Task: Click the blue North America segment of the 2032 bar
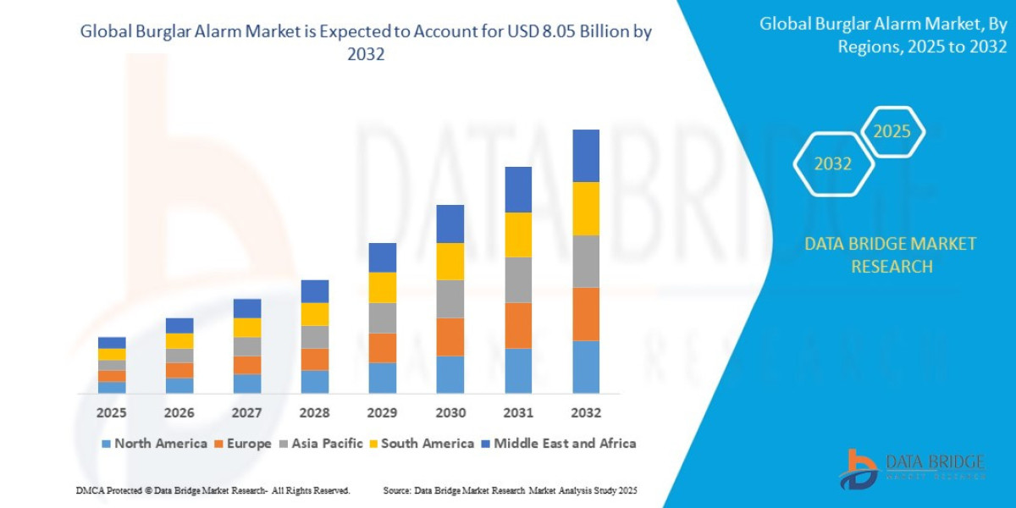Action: coord(586,367)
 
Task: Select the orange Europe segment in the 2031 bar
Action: coord(518,325)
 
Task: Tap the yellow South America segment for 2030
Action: coord(450,262)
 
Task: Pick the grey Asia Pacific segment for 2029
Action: coord(383,317)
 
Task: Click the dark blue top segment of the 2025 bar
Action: coord(112,342)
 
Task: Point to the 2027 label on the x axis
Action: coord(247,413)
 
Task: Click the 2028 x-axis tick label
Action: coord(315,413)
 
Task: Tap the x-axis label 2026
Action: coord(179,413)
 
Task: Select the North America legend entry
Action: coord(154,444)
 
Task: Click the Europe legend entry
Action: coord(242,444)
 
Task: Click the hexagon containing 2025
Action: coord(892,132)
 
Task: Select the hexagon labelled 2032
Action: coord(833,164)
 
